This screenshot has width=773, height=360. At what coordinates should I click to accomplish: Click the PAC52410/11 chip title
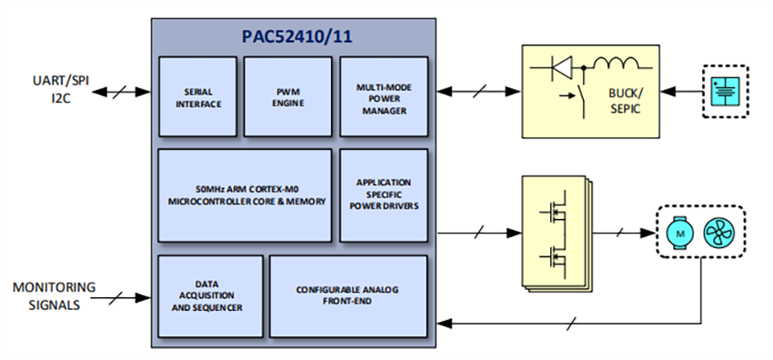pyautogui.click(x=295, y=40)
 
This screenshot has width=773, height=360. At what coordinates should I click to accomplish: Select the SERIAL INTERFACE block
pyautogui.click(x=198, y=95)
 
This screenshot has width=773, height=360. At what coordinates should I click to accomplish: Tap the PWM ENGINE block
pyautogui.click(x=287, y=95)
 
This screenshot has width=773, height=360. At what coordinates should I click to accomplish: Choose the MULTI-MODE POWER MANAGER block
pyautogui.click(x=383, y=95)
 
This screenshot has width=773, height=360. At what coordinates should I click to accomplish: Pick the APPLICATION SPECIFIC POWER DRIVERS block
pyautogui.click(x=383, y=195)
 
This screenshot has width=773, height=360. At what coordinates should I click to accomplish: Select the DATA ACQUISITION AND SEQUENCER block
pyautogui.click(x=209, y=295)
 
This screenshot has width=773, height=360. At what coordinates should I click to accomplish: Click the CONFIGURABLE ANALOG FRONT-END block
pyautogui.click(x=348, y=295)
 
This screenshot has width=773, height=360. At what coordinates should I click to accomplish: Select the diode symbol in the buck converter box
pyautogui.click(x=563, y=65)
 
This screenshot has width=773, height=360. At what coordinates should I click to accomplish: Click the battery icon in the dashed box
pyautogui.click(x=726, y=91)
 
